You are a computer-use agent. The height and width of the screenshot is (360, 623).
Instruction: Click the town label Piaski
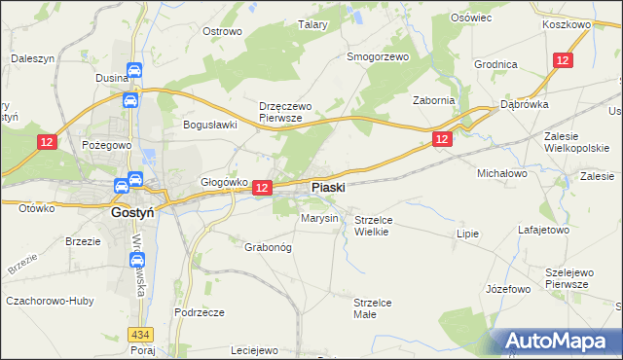coord(327,186)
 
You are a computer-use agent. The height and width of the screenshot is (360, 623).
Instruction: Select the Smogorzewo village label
coord(379,56)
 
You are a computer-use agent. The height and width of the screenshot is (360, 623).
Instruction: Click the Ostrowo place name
coord(221,31)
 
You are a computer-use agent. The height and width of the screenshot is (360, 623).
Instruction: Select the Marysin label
coord(319,218)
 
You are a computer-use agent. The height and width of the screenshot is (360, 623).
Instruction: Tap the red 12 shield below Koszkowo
coord(562,60)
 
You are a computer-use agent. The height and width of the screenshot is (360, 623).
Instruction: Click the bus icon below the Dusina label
coord(129,100)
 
